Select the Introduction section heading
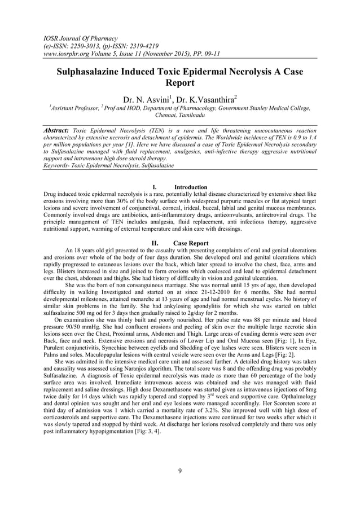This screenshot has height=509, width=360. coord(190,187)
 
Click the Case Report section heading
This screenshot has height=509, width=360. coord(191,243)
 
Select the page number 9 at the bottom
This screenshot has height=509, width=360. coord(179,472)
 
